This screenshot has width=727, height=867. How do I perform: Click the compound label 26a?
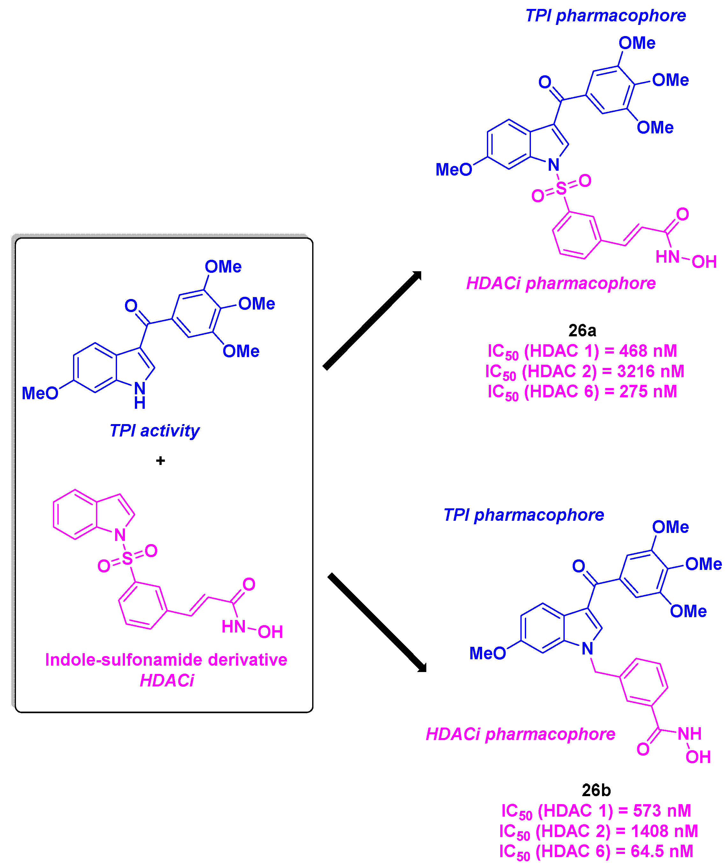click(582, 330)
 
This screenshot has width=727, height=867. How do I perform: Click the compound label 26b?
click(596, 790)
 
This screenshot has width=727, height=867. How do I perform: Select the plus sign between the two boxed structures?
click(160, 460)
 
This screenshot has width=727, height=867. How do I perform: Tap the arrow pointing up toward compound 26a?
click(371, 320)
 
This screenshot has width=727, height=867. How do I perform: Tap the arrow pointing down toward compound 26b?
click(376, 622)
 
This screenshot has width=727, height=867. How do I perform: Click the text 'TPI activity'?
click(154, 430)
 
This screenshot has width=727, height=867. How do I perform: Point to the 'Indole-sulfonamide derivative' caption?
click(166, 660)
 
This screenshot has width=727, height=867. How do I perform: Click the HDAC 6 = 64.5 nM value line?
click(596, 851)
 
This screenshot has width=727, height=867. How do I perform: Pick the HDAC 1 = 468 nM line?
click(582, 351)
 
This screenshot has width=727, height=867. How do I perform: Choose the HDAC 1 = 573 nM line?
click(596, 811)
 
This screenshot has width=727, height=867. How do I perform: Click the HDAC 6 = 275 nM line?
click(582, 392)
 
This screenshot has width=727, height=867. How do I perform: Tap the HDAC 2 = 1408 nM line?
click(598, 831)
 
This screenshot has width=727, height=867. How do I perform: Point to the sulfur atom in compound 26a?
click(561, 188)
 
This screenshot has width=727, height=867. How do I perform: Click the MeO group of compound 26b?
click(487, 653)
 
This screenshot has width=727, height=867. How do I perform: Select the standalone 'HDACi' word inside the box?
click(167, 680)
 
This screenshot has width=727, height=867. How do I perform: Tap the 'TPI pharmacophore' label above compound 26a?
click(605, 16)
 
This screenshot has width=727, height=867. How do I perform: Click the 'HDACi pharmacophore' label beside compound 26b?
click(520, 734)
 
